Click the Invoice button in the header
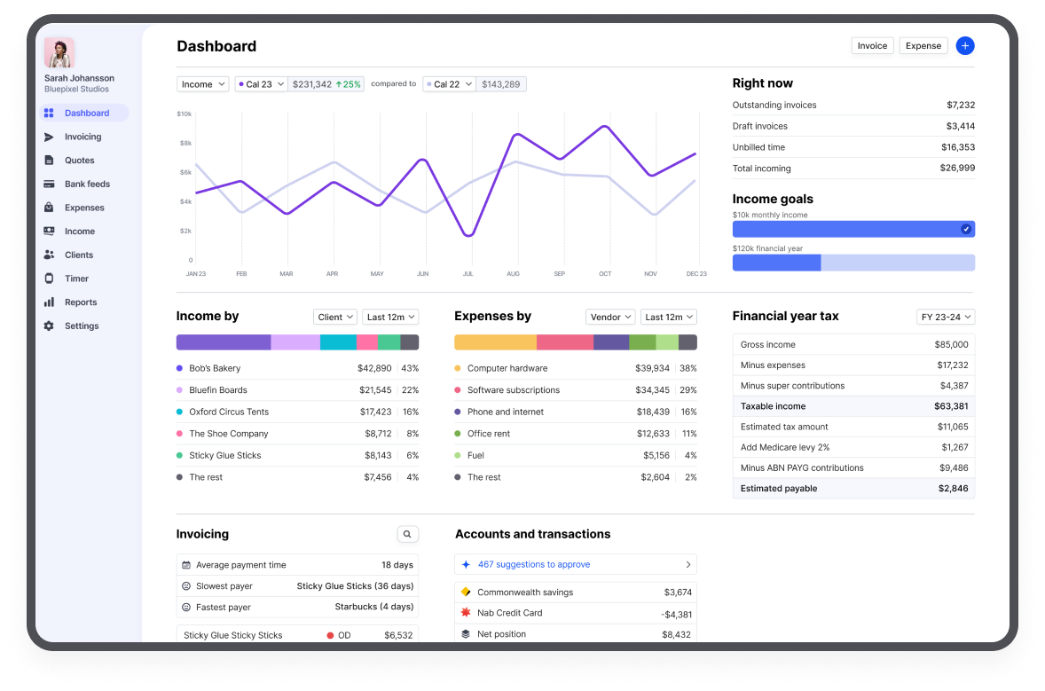click(x=872, y=46)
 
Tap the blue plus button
click(x=965, y=46)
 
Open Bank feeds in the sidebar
click(x=87, y=185)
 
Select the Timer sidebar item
click(x=76, y=279)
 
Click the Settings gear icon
click(x=49, y=326)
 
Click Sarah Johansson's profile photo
click(x=59, y=53)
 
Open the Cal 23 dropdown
click(x=261, y=84)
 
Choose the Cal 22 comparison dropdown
click(x=449, y=84)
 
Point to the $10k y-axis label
click(x=185, y=114)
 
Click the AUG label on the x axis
click(x=513, y=274)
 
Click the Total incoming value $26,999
click(x=957, y=169)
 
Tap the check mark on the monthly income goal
click(x=966, y=229)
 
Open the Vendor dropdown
click(x=610, y=317)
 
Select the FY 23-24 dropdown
click(x=946, y=317)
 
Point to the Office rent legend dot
click(x=458, y=434)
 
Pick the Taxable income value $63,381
click(x=951, y=406)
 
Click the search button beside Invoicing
click(x=407, y=534)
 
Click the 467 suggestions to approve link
click(x=534, y=564)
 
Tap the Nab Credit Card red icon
click(x=466, y=613)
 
